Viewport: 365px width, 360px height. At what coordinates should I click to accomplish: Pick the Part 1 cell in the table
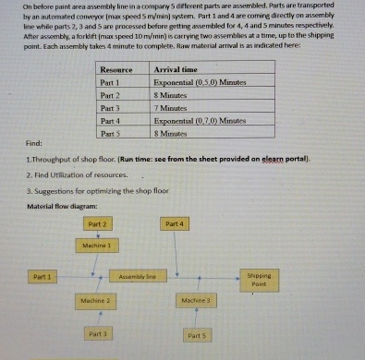click(110, 81)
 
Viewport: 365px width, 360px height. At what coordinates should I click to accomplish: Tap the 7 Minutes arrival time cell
click(173, 107)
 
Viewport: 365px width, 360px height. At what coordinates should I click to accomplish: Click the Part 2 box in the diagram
click(96, 224)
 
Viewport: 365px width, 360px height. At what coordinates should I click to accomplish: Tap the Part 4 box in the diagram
click(174, 224)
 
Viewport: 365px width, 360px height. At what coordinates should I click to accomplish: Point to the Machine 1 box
click(96, 246)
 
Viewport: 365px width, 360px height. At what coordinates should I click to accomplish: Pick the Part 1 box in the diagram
click(42, 275)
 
